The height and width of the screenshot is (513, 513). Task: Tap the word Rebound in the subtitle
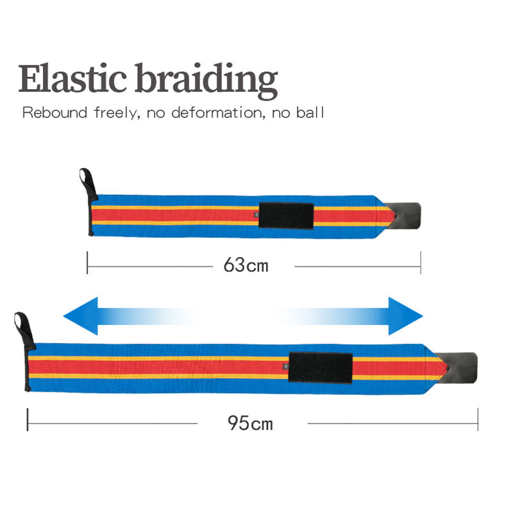55,114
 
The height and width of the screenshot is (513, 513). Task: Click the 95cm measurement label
251,423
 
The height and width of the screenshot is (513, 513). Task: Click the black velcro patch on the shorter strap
285,215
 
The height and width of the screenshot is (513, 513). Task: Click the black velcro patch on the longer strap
321,367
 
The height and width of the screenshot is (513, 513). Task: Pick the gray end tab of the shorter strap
407,215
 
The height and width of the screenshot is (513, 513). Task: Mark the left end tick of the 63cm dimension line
87,263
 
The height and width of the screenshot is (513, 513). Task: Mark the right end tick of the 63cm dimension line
420,263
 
